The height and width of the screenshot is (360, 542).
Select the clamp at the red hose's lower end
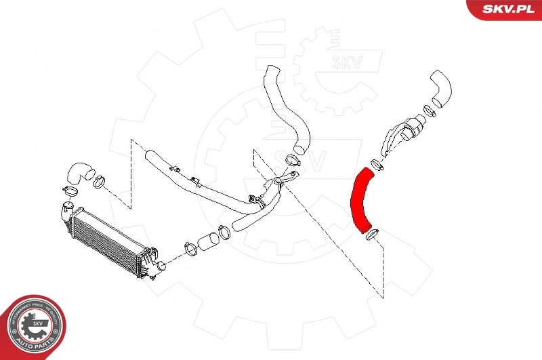pyautogui.click(x=372, y=236)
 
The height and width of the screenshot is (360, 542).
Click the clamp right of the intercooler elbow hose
pyautogui.click(x=99, y=182)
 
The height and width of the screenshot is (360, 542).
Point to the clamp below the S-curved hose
pyautogui.click(x=293, y=161)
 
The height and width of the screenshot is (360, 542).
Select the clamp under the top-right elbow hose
pyautogui.click(x=428, y=110)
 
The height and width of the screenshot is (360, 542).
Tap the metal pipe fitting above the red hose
pyautogui.click(x=403, y=136)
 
